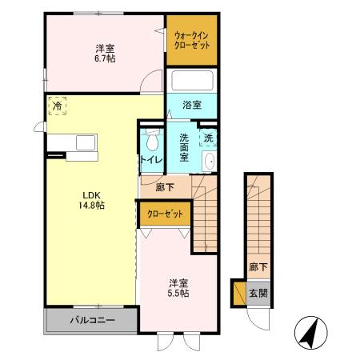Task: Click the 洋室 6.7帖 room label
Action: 102,53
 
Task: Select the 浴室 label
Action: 191,104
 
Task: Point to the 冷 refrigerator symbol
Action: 58,104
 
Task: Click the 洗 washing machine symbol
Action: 208,137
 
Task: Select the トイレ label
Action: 152,160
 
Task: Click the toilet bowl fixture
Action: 152,142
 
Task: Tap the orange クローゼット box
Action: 164,214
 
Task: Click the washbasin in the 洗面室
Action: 210,162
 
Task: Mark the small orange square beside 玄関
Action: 238,293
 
